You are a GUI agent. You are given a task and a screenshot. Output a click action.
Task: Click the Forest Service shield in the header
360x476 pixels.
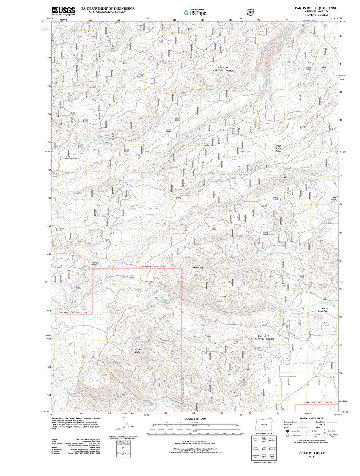[x=251, y=12]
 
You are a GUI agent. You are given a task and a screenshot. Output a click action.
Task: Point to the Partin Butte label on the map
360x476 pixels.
[x=197, y=268]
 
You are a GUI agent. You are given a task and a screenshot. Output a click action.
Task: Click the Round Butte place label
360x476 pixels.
[x=138, y=350]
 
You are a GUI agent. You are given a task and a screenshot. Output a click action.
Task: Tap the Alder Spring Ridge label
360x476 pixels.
[x=278, y=148]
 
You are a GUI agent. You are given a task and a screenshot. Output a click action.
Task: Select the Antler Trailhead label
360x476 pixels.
[x=70, y=158]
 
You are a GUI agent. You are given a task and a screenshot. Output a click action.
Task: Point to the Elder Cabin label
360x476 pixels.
[x=334, y=198]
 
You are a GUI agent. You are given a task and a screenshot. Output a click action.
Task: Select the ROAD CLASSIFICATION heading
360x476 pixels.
[x=311, y=418]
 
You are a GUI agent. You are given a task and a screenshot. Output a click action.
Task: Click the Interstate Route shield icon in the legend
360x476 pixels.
[x=287, y=431]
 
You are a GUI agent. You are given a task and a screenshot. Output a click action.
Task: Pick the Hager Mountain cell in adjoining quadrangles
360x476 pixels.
[x=272, y=439]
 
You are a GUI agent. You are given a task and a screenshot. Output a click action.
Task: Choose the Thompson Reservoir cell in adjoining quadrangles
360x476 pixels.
[x=272, y=447]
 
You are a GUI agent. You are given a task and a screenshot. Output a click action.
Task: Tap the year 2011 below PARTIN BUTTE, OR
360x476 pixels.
[x=311, y=457]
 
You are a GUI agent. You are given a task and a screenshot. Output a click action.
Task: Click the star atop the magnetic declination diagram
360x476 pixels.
[x=123, y=418]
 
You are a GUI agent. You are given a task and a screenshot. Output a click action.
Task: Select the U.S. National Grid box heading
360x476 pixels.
[x=123, y=442]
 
